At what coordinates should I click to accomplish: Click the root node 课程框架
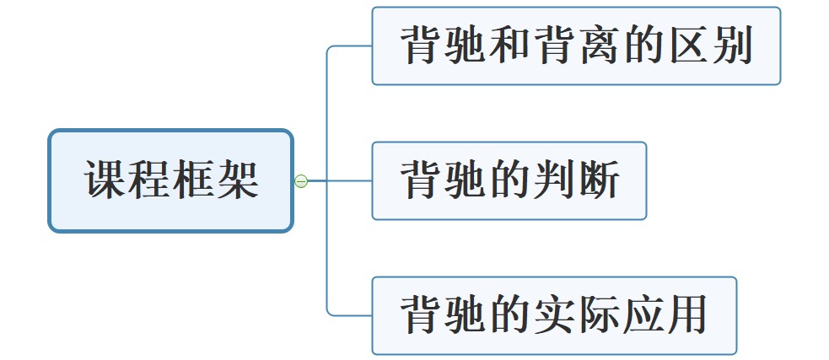[170, 180]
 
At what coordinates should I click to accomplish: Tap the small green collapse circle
[301, 180]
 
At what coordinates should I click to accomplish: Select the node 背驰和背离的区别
[576, 46]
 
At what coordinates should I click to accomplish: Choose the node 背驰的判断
[509, 180]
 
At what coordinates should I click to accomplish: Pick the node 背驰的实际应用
[554, 315]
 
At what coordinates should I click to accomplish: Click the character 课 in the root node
[105, 180]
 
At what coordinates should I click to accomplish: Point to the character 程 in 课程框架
[149, 180]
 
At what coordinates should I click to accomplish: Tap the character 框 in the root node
[193, 180]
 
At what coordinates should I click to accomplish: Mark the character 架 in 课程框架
[237, 180]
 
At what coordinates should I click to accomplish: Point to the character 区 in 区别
[686, 46]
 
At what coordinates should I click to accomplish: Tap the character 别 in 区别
[729, 46]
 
